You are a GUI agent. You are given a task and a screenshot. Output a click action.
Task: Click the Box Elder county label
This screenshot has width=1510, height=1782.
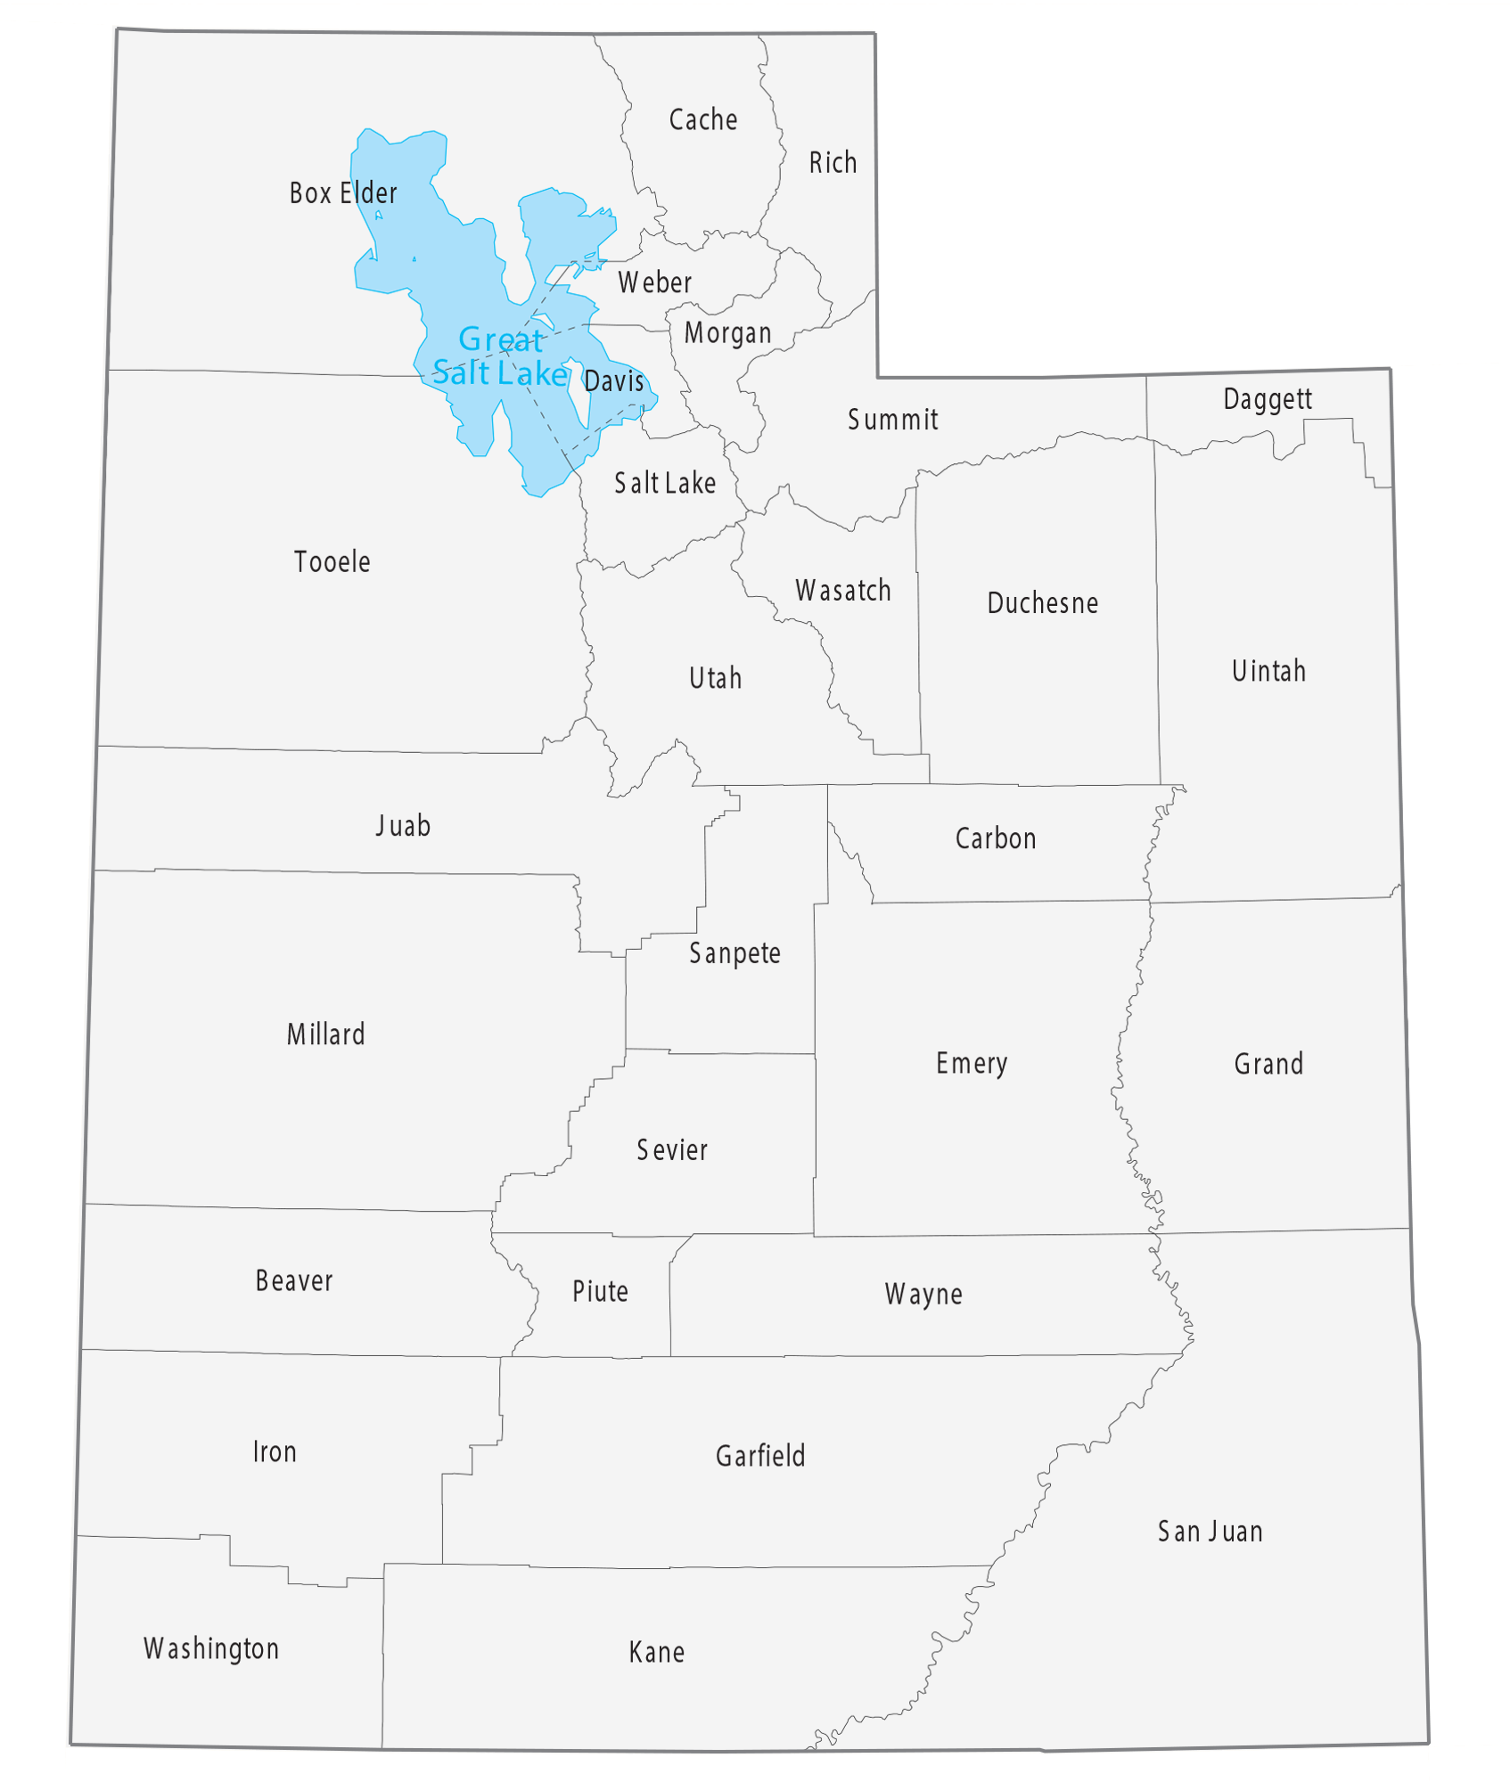pyautogui.click(x=343, y=192)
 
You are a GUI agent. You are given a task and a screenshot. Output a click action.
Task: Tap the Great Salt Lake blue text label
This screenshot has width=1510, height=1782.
pyautogui.click(x=500, y=356)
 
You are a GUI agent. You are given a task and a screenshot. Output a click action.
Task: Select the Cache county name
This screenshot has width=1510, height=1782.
pyautogui.click(x=703, y=119)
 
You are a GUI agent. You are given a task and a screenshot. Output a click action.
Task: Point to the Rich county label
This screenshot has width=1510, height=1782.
pyautogui.click(x=833, y=163)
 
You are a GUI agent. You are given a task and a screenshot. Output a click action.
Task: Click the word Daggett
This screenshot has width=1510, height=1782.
pyautogui.click(x=1267, y=398)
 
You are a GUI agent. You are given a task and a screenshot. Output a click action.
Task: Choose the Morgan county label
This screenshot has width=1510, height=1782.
pyautogui.click(x=727, y=333)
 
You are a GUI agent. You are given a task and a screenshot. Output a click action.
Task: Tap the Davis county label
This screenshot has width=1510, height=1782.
pyautogui.click(x=614, y=381)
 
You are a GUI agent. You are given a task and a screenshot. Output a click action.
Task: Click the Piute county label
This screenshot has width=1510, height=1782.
pyautogui.click(x=600, y=1291)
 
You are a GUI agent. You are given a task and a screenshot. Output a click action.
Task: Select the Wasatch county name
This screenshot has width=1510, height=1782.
pyautogui.click(x=843, y=590)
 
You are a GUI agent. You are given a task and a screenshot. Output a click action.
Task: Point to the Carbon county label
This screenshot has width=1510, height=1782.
pyautogui.click(x=996, y=838)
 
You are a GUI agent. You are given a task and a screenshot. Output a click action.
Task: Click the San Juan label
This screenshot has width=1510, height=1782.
pyautogui.click(x=1210, y=1532)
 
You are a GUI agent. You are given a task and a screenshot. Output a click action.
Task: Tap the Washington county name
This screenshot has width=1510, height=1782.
pyautogui.click(x=211, y=1648)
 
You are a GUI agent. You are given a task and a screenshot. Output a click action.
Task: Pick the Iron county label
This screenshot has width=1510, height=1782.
pyautogui.click(x=275, y=1451)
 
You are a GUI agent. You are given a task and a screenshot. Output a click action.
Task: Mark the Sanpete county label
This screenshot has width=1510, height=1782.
pyautogui.click(x=734, y=953)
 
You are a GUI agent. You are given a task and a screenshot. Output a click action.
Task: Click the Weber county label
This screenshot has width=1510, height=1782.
pyautogui.click(x=654, y=282)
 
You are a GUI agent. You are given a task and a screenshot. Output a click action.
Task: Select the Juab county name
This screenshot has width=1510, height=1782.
pyautogui.click(x=403, y=826)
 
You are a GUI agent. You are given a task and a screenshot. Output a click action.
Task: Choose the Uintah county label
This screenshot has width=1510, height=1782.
pyautogui.click(x=1268, y=671)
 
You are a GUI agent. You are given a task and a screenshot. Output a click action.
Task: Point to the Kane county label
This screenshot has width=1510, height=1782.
pyautogui.click(x=657, y=1652)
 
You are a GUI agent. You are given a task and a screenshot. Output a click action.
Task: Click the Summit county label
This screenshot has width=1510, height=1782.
pyautogui.click(x=892, y=420)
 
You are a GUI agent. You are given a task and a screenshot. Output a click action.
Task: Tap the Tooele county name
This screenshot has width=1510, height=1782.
pyautogui.click(x=332, y=561)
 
